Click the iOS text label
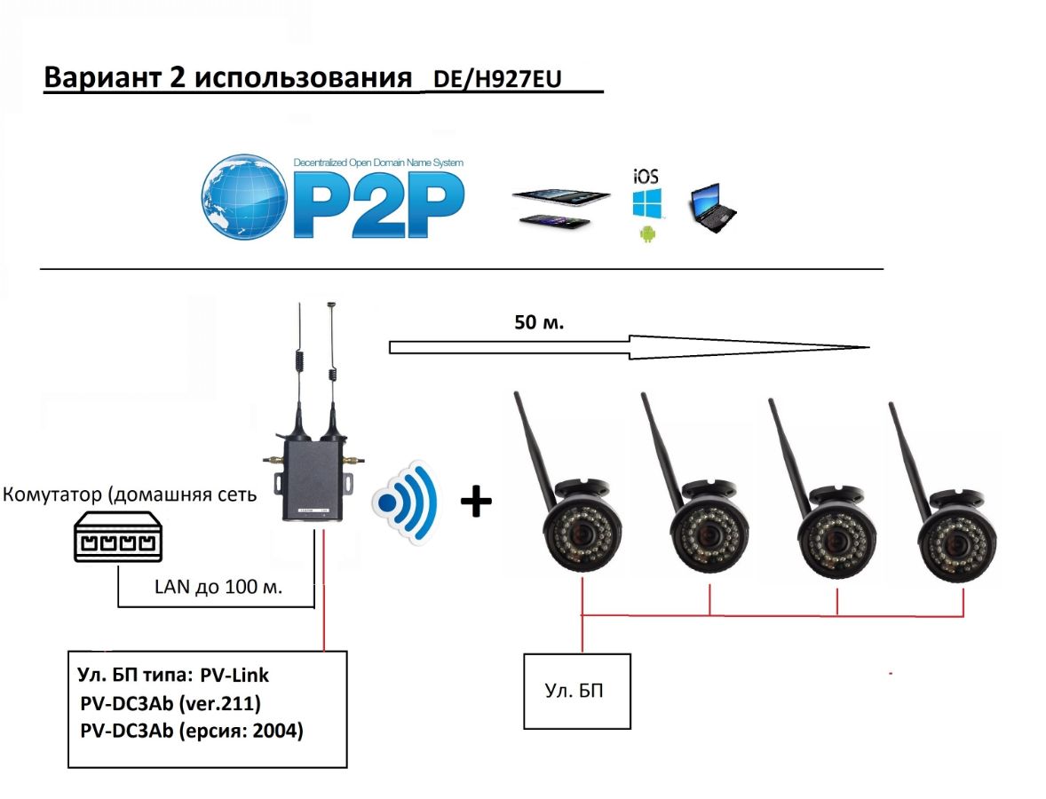pos(646,175)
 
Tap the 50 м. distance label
pos(539,321)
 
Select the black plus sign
pos(476,503)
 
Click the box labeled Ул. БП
pos(576,690)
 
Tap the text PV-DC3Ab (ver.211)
pos(169,704)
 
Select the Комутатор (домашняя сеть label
pos(131,494)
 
